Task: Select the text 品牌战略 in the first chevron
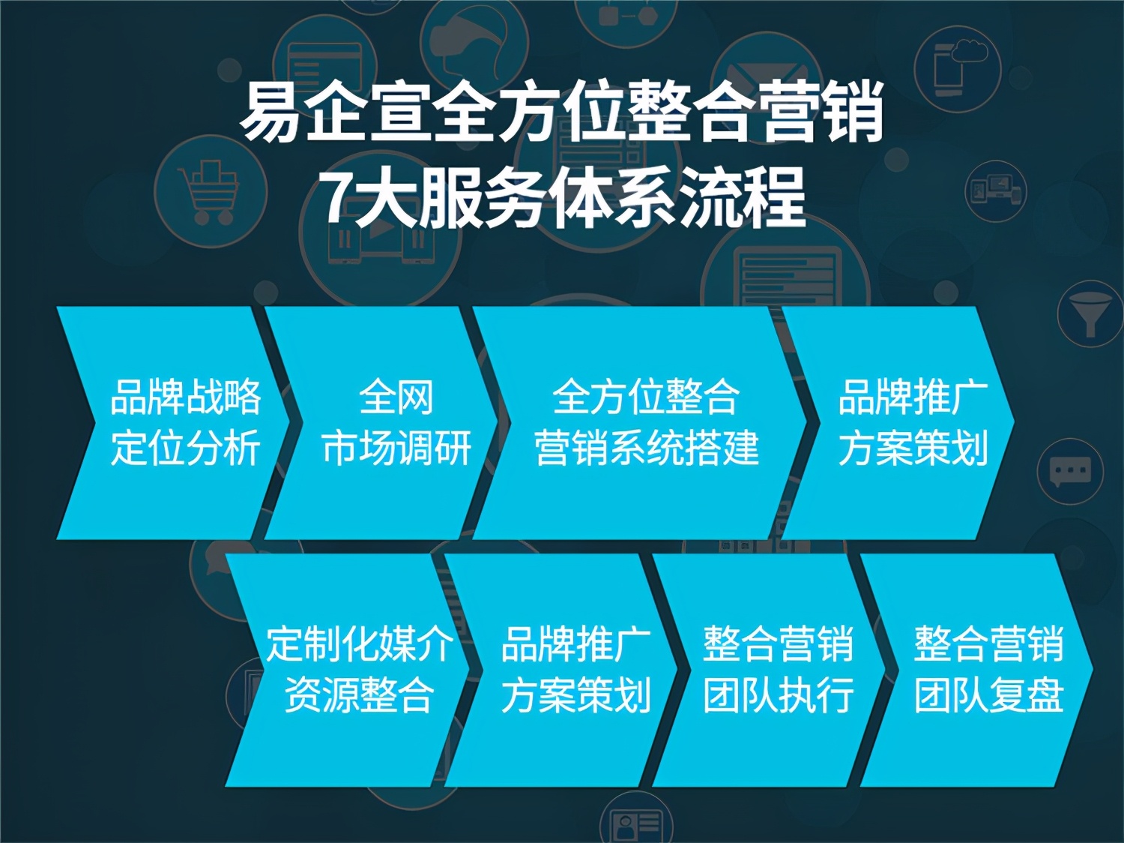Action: [x=185, y=397]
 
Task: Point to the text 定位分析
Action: [x=185, y=448]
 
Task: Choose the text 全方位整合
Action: [x=646, y=397]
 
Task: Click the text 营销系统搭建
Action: [x=646, y=448]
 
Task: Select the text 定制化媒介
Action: [x=360, y=643]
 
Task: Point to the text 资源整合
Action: [x=360, y=694]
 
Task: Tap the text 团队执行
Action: [x=778, y=694]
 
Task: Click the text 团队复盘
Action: [x=988, y=694]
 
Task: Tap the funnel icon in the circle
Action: [x=1091, y=313]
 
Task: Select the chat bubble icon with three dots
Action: [x=1069, y=472]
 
